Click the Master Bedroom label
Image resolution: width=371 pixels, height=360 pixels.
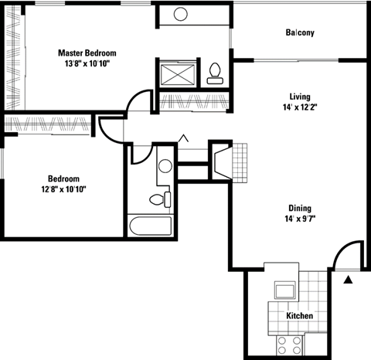[x=87, y=53]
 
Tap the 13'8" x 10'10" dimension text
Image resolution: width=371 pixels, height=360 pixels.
[x=87, y=64]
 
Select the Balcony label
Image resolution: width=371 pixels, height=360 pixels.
[x=300, y=32]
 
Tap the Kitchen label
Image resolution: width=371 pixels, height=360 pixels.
[x=299, y=317]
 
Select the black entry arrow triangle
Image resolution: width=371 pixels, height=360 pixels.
[x=348, y=279]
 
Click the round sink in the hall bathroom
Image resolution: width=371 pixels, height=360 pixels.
[x=165, y=165]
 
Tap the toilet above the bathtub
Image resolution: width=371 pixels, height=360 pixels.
[x=158, y=199]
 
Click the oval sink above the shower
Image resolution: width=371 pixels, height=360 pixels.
[x=181, y=14]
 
